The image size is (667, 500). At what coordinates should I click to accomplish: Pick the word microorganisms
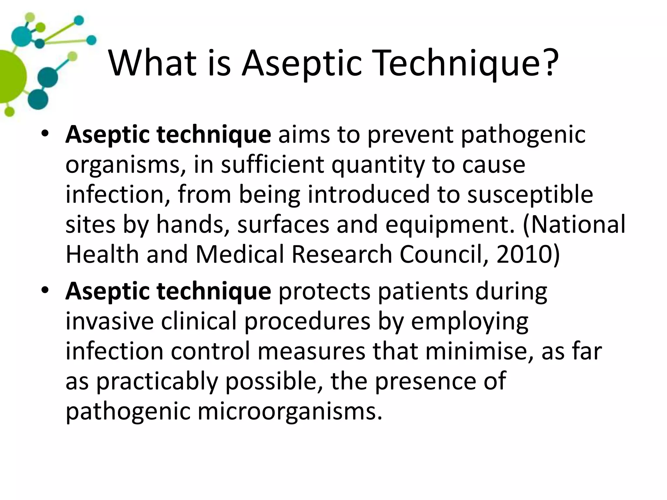pyautogui.click(x=289, y=411)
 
